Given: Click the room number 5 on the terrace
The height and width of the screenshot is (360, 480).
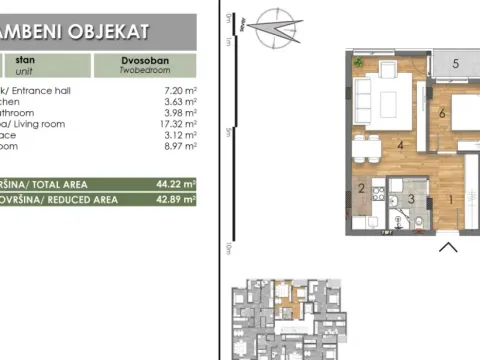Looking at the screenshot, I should [455, 64].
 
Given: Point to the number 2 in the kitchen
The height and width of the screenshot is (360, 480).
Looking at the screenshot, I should [362, 188].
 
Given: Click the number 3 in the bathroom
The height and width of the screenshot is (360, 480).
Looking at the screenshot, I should [410, 200].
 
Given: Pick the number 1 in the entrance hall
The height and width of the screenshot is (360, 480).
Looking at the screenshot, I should [449, 198].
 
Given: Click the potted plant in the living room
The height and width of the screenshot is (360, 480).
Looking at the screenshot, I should [360, 60].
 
